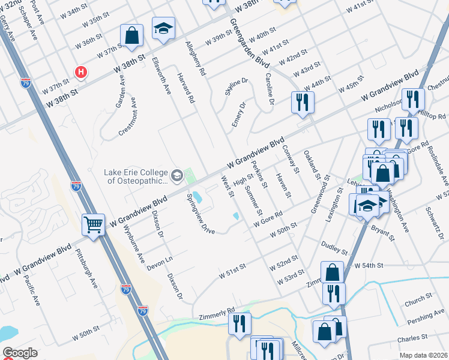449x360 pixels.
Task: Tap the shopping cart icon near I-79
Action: point(93,225)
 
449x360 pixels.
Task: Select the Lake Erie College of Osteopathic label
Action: point(137,176)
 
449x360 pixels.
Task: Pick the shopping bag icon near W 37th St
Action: point(131,35)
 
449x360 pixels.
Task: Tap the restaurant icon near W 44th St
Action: point(302,101)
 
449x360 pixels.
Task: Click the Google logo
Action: point(20,353)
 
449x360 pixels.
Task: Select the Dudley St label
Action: point(334,247)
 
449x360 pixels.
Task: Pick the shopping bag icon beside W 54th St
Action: point(332,272)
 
